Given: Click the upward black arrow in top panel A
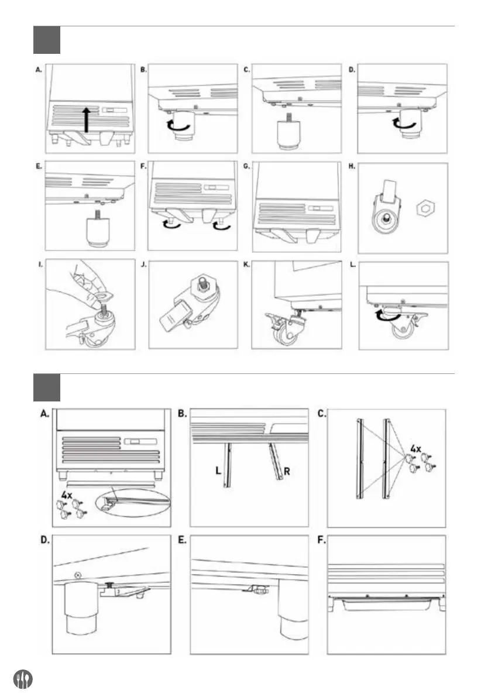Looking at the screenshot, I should pos(87,119).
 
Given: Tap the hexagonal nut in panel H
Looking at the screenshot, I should pos(425,208).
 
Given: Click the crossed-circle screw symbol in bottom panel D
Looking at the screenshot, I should pos(76,576).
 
